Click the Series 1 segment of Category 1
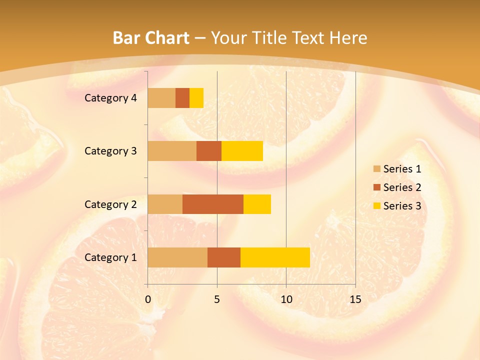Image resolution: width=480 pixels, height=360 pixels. point(177,257)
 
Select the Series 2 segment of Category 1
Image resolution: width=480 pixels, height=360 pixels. point(224,257)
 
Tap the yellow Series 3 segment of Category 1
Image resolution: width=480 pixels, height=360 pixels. point(275,257)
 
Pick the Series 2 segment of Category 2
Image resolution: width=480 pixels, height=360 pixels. point(213,204)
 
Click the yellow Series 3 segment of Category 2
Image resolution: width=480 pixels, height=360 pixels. point(257,204)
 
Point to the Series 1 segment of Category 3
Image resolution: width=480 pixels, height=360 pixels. point(172,151)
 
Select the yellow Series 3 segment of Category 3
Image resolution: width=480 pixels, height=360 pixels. point(242,151)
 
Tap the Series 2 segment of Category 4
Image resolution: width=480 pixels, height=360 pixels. point(182,98)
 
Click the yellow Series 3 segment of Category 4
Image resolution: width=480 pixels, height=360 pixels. point(196,98)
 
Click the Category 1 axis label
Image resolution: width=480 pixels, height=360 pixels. point(110,257)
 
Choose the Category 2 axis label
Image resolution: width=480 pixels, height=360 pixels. point(110,204)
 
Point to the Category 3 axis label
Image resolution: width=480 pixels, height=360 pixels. point(110,151)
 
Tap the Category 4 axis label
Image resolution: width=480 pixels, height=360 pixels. point(110,98)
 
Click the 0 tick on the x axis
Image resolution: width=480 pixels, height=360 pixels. point(148,300)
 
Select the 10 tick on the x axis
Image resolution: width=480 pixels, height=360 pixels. point(286,300)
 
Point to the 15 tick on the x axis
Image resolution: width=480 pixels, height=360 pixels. point(355,300)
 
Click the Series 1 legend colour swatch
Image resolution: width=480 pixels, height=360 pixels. point(376,169)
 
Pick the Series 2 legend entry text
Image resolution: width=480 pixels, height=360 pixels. point(402,187)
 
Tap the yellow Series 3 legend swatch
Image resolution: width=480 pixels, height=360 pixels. point(376,206)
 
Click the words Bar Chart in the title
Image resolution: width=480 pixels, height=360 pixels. point(151,38)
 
